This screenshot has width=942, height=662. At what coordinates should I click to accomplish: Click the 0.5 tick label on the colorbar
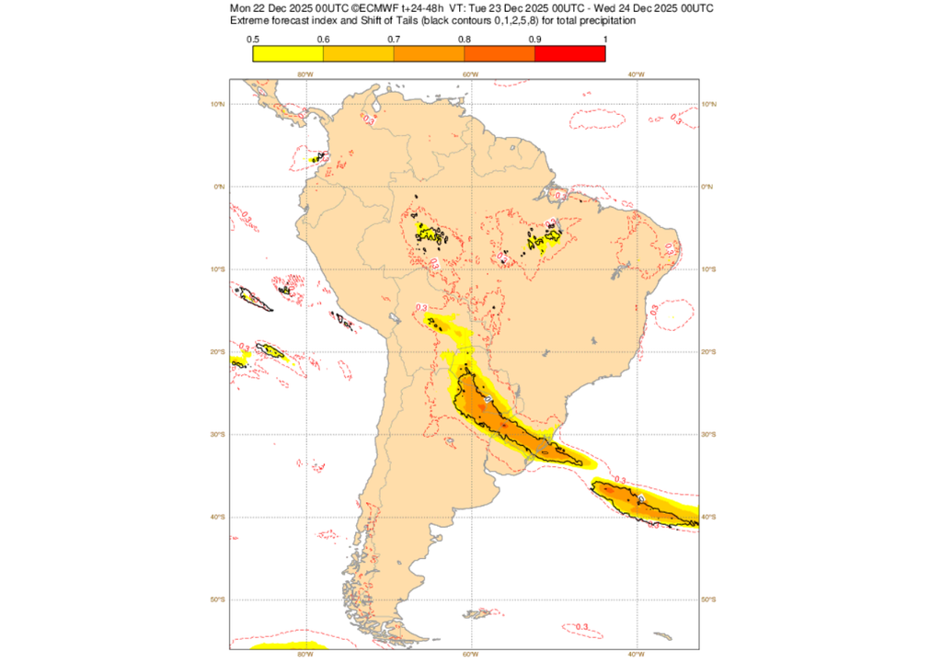click(x=252, y=39)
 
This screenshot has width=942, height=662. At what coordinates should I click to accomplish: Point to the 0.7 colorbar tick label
click(x=393, y=39)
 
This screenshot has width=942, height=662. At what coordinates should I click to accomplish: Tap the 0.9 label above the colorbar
click(x=534, y=39)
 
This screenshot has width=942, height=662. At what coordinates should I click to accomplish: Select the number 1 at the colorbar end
click(x=604, y=39)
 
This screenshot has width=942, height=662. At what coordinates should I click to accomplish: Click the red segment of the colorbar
click(x=569, y=53)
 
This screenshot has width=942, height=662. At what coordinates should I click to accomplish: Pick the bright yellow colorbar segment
click(x=287, y=53)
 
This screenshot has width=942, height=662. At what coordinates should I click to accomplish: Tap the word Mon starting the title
click(x=241, y=8)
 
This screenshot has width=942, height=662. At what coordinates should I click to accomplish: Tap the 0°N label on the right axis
click(x=707, y=187)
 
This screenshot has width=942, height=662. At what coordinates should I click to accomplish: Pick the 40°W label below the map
click(x=634, y=655)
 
